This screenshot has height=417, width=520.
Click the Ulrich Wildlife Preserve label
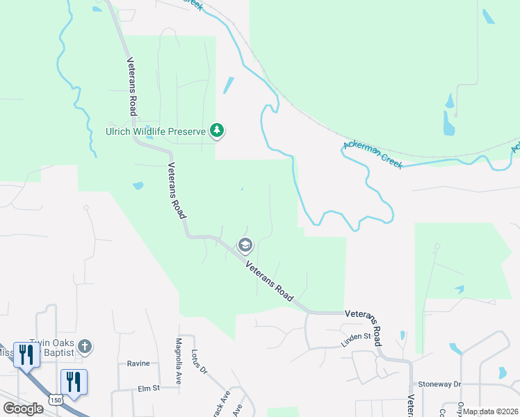[156, 131]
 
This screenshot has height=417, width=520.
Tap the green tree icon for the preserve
[218, 130]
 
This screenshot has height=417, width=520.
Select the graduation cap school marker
[245, 245]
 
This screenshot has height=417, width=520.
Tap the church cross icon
[84, 345]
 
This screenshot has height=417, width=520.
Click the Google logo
[23, 409]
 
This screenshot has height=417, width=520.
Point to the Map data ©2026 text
[491, 411]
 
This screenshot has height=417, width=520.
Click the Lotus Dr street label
[199, 361]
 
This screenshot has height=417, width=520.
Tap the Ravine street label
[138, 363]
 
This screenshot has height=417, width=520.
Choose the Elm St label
[149, 388]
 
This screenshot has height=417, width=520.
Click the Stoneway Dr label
[439, 384]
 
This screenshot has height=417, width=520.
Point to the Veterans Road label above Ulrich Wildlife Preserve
[131, 86]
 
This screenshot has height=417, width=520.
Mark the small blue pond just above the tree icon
[229, 85]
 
